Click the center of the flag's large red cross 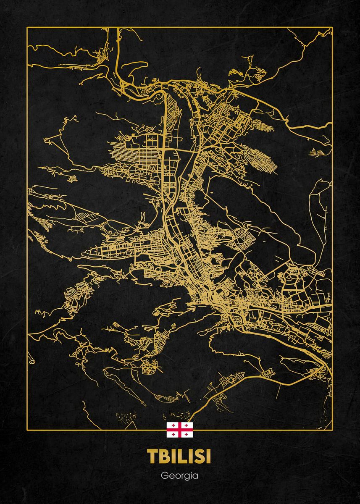point(180,430)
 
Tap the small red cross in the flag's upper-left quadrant point(173,425)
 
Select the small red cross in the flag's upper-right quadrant point(187,425)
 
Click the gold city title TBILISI point(180,457)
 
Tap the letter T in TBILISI point(152,457)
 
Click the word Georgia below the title point(180,477)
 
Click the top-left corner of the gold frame point(27,27)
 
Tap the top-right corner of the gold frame point(332,27)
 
